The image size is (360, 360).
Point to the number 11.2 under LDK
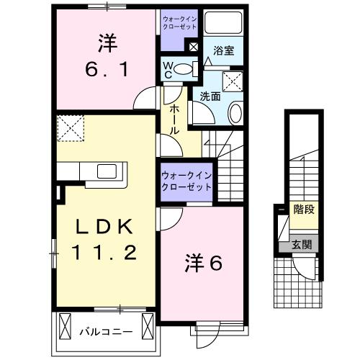103,252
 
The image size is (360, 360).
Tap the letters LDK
103,227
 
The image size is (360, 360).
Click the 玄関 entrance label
302,244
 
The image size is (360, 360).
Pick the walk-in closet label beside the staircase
186,180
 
